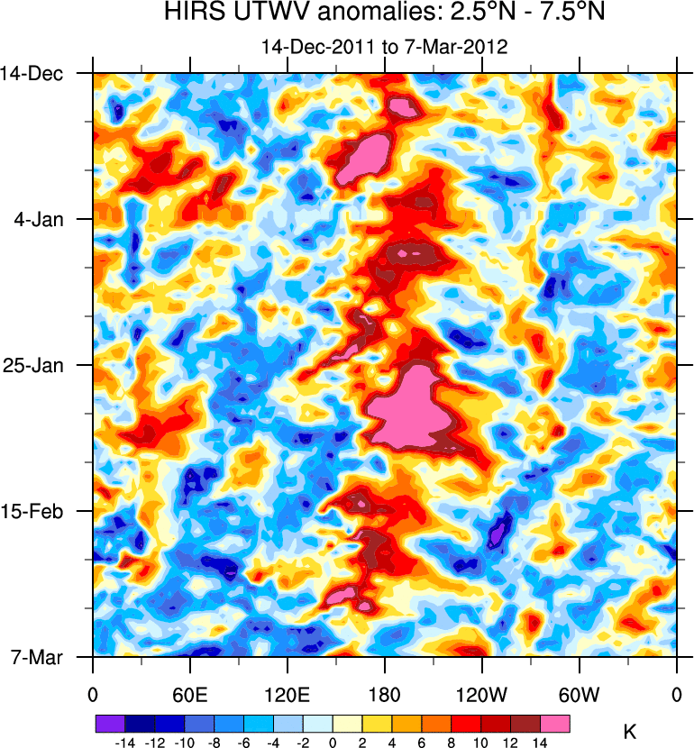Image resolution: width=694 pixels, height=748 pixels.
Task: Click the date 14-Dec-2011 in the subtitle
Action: click(x=310, y=47)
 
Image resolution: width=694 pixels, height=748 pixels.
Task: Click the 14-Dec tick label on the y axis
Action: click(x=39, y=73)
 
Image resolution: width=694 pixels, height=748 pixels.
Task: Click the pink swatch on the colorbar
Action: click(x=555, y=724)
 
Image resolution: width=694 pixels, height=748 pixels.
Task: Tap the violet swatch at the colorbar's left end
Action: click(x=110, y=724)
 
